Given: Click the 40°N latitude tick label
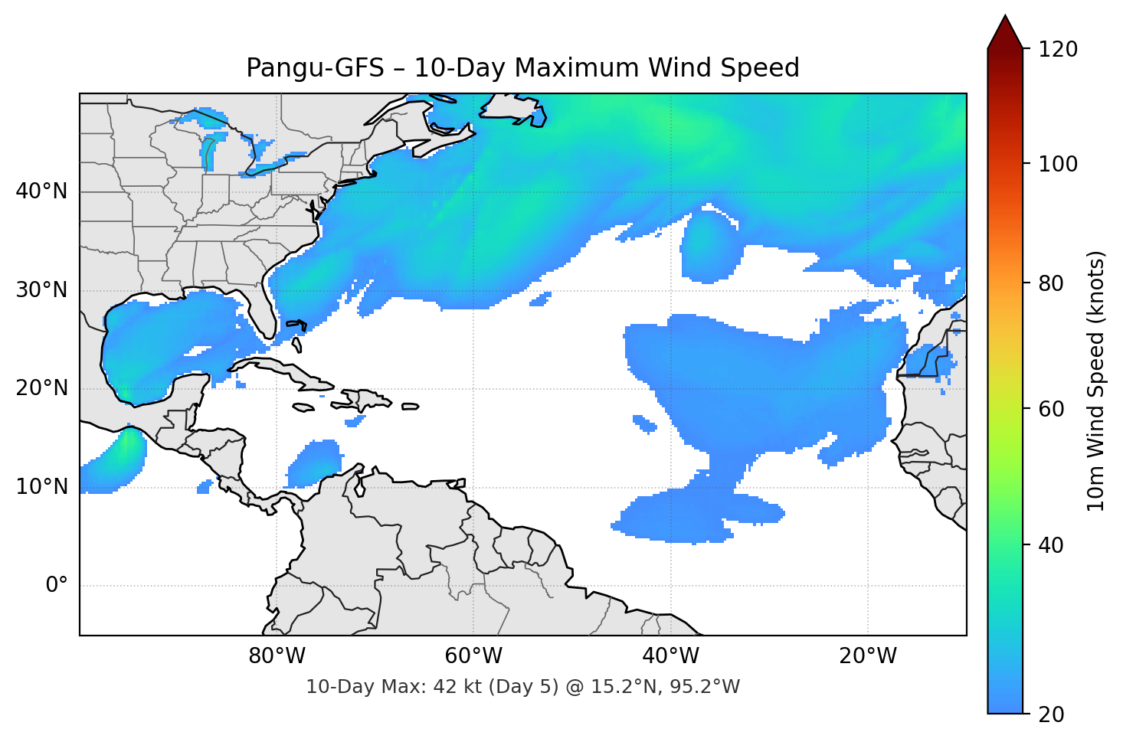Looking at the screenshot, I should coord(41,191).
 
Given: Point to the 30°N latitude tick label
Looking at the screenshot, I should coord(41,290).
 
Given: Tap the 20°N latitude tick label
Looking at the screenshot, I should coord(41,388).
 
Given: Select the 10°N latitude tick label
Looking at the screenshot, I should coord(41,487).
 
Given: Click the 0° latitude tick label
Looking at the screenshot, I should coord(56,586).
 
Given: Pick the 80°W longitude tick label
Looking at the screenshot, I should coord(277,656).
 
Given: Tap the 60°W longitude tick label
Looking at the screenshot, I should coord(473,656).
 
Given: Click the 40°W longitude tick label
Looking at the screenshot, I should coord(670,656).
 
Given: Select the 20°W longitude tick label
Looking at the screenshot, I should coord(867,656).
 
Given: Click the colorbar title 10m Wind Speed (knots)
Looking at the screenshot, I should coord(1096,381).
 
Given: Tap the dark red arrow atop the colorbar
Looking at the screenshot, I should coord(1005,33).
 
